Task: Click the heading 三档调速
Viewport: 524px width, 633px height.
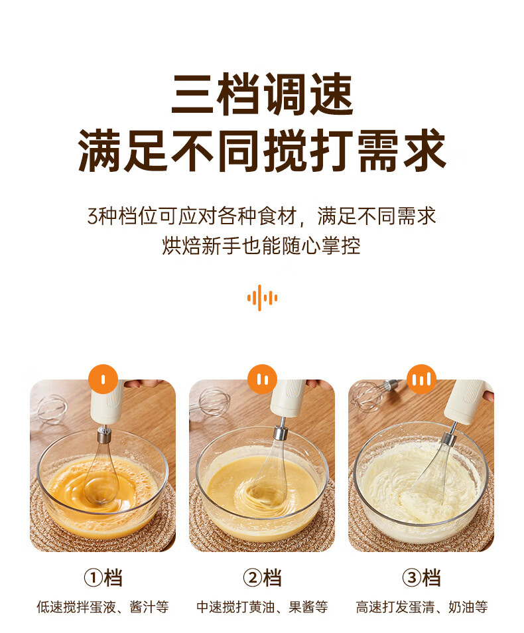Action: point(262,94)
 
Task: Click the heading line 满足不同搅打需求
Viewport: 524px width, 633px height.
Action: point(262,150)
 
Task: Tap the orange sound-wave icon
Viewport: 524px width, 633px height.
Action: point(262,298)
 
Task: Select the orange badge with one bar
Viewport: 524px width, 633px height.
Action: point(103,379)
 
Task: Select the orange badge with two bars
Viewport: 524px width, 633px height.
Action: point(263,379)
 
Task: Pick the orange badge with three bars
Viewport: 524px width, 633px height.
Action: point(421,379)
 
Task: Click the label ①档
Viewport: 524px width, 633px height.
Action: point(103,578)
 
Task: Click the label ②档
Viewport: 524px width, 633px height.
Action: point(263,578)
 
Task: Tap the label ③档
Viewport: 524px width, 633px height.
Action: point(421,578)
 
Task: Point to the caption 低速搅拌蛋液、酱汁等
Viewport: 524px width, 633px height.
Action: point(103,606)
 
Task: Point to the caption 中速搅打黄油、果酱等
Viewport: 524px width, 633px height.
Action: point(263,606)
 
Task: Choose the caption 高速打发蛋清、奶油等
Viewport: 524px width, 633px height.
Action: point(421,606)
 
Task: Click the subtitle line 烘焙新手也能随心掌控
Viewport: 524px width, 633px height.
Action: point(261,246)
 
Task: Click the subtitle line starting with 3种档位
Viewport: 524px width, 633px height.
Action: point(262,216)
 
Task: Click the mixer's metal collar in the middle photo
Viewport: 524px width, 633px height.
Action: point(280,433)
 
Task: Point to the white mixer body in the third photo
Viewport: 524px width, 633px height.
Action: point(468,401)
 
